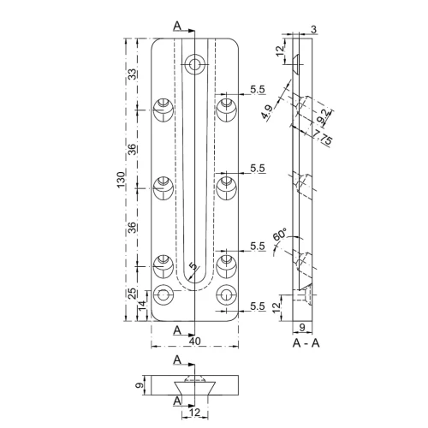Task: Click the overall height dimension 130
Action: pos(122,180)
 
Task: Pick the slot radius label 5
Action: pos(193,267)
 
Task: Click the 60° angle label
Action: pos(279,235)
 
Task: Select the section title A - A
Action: pos(306,342)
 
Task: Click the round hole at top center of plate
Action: pos(196,63)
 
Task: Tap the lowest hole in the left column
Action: pos(163,296)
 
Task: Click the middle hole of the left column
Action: pos(163,185)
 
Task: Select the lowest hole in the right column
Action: pos(226,296)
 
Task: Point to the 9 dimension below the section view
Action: pos(306,328)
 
